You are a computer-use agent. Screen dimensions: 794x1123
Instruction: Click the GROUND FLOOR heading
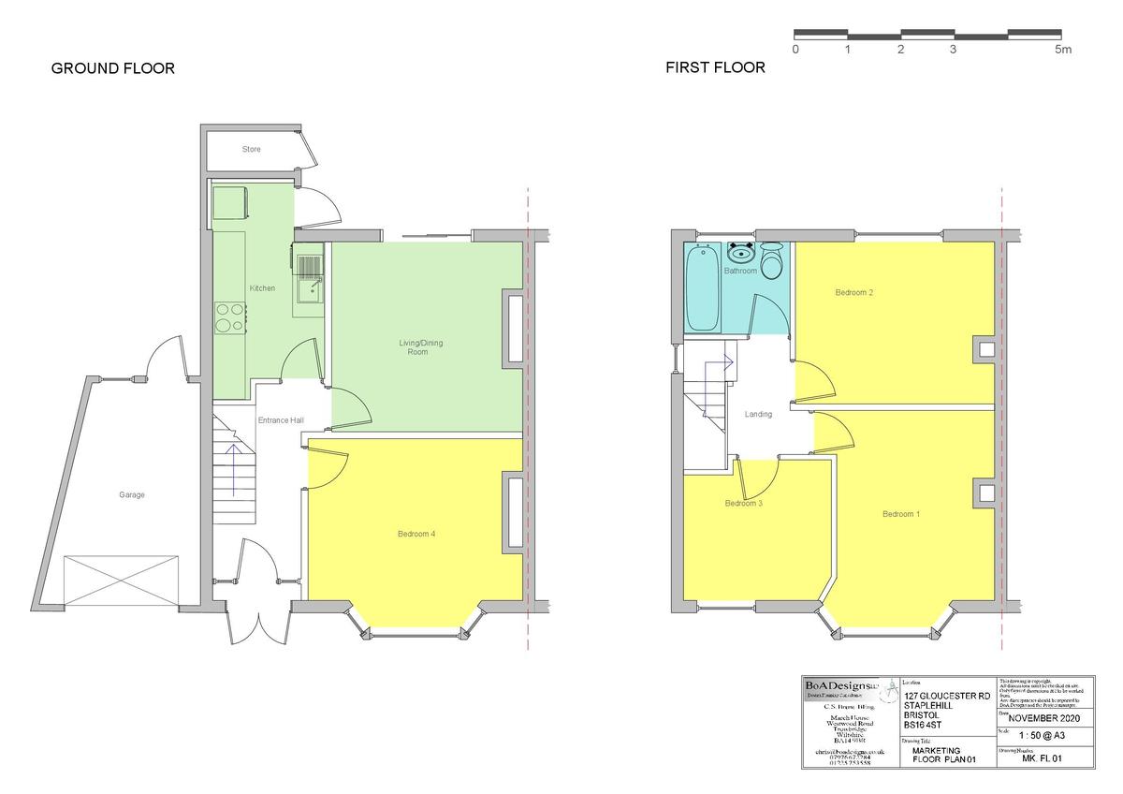coord(112,68)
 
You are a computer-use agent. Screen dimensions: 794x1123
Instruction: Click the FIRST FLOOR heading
coord(715,67)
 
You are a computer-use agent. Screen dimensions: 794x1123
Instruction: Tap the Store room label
coord(251,150)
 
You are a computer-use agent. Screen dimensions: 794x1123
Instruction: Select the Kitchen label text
coord(262,288)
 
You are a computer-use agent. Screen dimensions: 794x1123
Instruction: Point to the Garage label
coord(131,495)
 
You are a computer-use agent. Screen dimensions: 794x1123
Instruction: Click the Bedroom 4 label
coord(416,535)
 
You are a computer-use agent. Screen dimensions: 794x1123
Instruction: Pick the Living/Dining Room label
coord(420,347)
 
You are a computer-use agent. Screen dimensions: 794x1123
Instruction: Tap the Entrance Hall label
coord(281,421)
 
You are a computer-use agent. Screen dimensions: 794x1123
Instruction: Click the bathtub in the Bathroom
coord(702,287)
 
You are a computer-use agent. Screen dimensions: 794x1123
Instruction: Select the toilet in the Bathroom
coord(772,261)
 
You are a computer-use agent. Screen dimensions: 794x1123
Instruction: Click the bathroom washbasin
coord(741,253)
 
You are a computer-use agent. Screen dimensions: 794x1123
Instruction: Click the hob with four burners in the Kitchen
coord(230,317)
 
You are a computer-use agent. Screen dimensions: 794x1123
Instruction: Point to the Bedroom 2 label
coord(853,293)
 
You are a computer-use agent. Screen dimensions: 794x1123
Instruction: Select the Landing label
coord(758,415)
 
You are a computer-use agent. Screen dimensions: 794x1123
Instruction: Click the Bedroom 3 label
coord(744,504)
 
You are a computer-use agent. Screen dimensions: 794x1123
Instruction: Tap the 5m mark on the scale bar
coord(1063,50)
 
